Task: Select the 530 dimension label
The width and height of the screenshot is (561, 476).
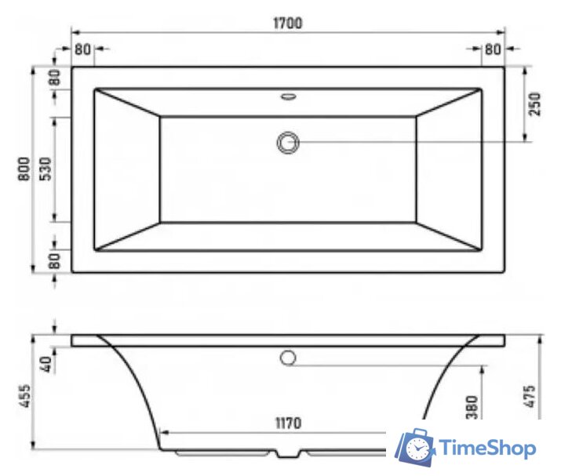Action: tap(46, 170)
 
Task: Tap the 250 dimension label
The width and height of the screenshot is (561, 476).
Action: tap(535, 104)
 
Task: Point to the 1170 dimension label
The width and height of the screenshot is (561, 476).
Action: tap(288, 424)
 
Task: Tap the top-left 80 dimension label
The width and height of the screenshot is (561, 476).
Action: tap(82, 49)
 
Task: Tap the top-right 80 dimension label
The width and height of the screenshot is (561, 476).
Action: tap(493, 49)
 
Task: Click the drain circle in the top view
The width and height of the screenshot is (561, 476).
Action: tap(288, 142)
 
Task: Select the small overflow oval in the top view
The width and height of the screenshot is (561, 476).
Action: tap(288, 98)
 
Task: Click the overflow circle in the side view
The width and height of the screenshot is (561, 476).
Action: tap(288, 358)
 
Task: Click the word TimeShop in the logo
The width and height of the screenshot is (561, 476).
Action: tap(488, 448)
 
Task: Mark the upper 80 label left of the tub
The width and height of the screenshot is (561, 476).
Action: tap(54, 79)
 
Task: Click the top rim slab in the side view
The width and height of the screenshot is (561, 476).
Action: tap(235, 340)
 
